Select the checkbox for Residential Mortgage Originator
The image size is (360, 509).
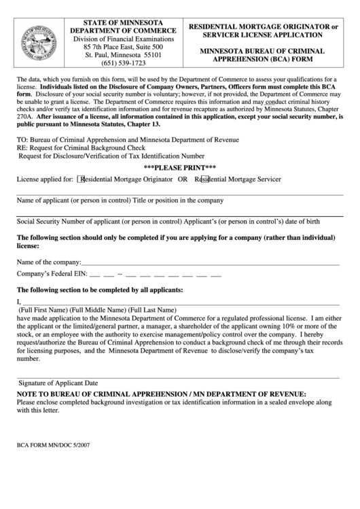click(82, 179)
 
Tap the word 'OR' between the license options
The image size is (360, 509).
click(182, 179)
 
